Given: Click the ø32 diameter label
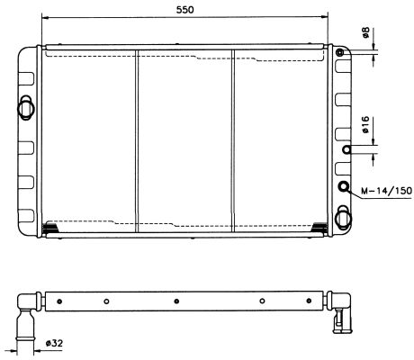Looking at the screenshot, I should (x=54, y=343).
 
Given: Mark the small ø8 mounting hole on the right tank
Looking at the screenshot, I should (x=340, y=54).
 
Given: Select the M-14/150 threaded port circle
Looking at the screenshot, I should (x=343, y=187).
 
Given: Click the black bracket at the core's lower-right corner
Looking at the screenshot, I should (x=318, y=227).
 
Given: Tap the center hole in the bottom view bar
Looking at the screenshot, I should (x=176, y=301).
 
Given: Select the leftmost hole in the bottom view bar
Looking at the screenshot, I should (x=106, y=301).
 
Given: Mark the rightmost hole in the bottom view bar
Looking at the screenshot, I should (x=262, y=301).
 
